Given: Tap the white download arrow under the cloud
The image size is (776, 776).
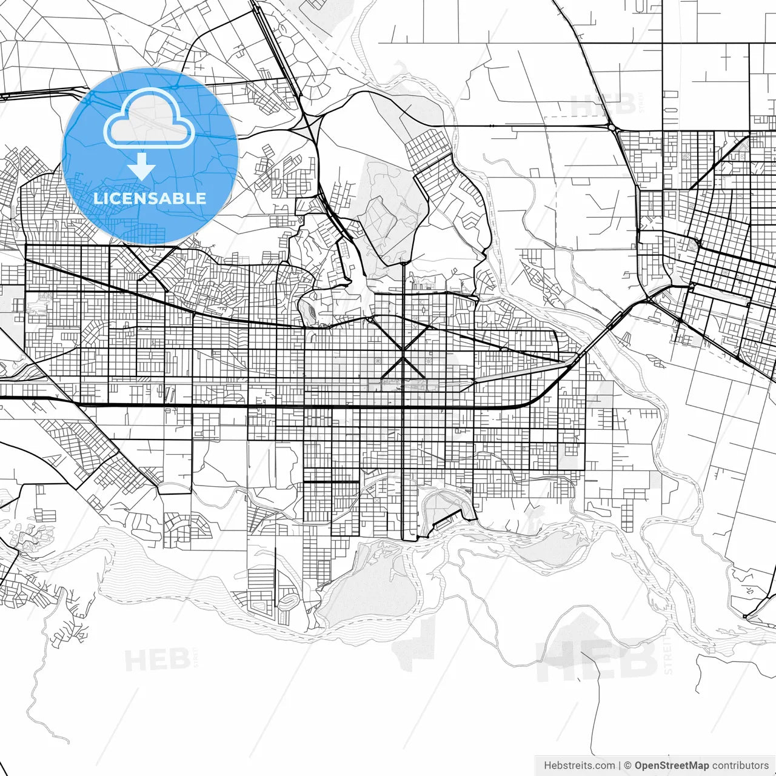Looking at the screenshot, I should pyautogui.click(x=142, y=166).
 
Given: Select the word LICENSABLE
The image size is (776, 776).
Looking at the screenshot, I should pyautogui.click(x=150, y=198).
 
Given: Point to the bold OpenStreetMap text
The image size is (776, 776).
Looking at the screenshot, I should pyautogui.click(x=672, y=766).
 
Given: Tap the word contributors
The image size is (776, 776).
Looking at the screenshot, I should pyautogui.click(x=740, y=766).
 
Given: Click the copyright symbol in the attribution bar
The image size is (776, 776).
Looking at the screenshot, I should pyautogui.click(x=628, y=766).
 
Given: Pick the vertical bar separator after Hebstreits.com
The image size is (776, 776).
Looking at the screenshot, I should pyautogui.click(x=620, y=766).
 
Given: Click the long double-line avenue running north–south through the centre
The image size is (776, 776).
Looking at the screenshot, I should pyautogui.click(x=404, y=424).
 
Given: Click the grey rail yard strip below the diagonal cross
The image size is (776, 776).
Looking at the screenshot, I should pyautogui.click(x=412, y=383).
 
